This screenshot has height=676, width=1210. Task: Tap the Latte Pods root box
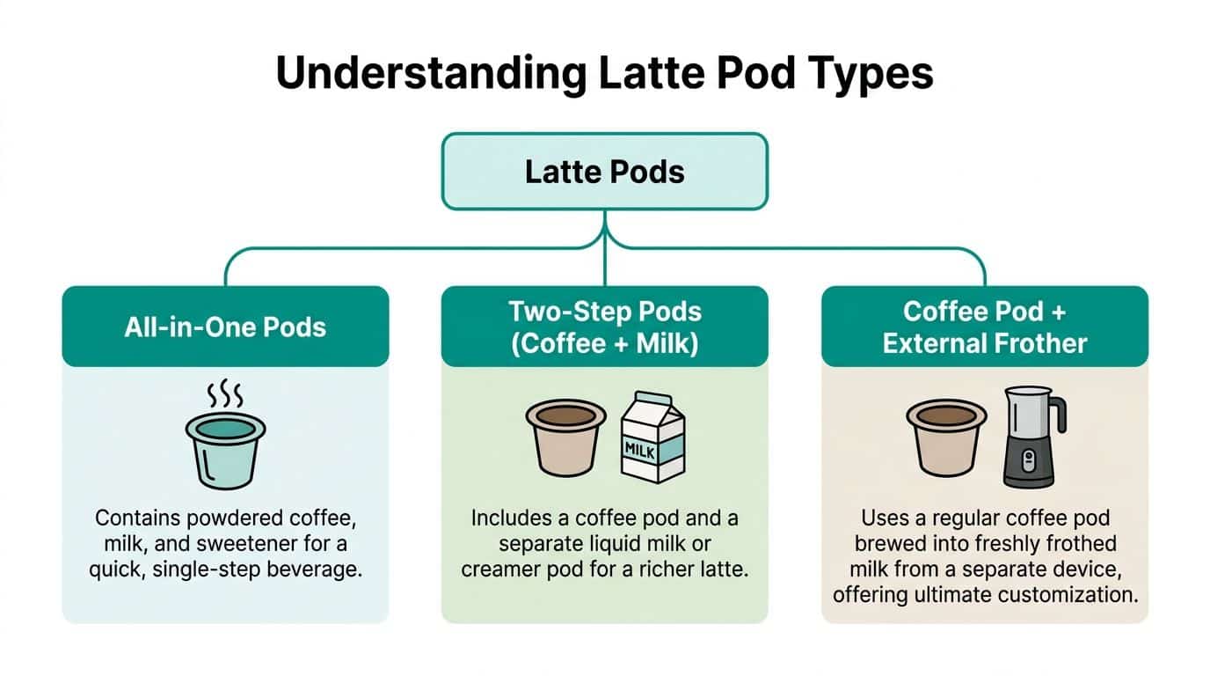[x=605, y=172]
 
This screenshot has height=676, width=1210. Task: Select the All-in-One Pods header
[x=225, y=327]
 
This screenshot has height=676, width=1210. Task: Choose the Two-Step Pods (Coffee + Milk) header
[x=605, y=327]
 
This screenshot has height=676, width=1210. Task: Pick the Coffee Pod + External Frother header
[x=985, y=327]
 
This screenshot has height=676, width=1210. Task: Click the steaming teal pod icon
[x=225, y=450]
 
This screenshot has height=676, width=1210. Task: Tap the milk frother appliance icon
[x=1030, y=437]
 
